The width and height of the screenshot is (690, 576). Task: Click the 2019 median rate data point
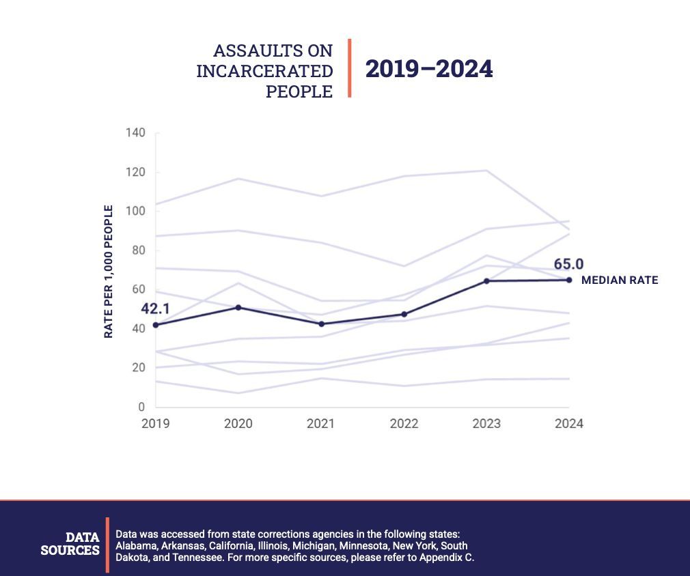point(156,325)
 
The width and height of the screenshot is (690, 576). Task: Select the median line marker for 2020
point(238,307)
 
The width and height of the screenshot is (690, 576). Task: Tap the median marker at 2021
point(321,323)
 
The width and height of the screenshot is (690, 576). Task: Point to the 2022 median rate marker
point(404,314)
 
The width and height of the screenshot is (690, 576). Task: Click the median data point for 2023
point(486,280)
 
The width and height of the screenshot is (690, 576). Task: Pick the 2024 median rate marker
point(569,280)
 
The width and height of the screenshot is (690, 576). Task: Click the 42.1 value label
point(155,309)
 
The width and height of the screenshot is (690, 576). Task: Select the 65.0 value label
point(568,264)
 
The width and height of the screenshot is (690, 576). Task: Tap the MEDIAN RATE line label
point(620,280)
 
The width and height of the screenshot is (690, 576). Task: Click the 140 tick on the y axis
point(135,132)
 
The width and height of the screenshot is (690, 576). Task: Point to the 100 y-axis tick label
point(135,211)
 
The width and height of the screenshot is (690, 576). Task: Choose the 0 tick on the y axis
point(141,407)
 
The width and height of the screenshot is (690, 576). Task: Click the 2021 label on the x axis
point(321,424)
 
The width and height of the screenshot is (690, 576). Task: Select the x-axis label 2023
point(486,424)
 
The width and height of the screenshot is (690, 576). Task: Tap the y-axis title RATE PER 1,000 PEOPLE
point(109,272)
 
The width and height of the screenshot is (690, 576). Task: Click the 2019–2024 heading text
point(428,70)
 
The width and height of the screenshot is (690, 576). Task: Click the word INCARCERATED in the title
point(264,71)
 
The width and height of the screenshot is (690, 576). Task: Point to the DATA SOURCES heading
point(70,544)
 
